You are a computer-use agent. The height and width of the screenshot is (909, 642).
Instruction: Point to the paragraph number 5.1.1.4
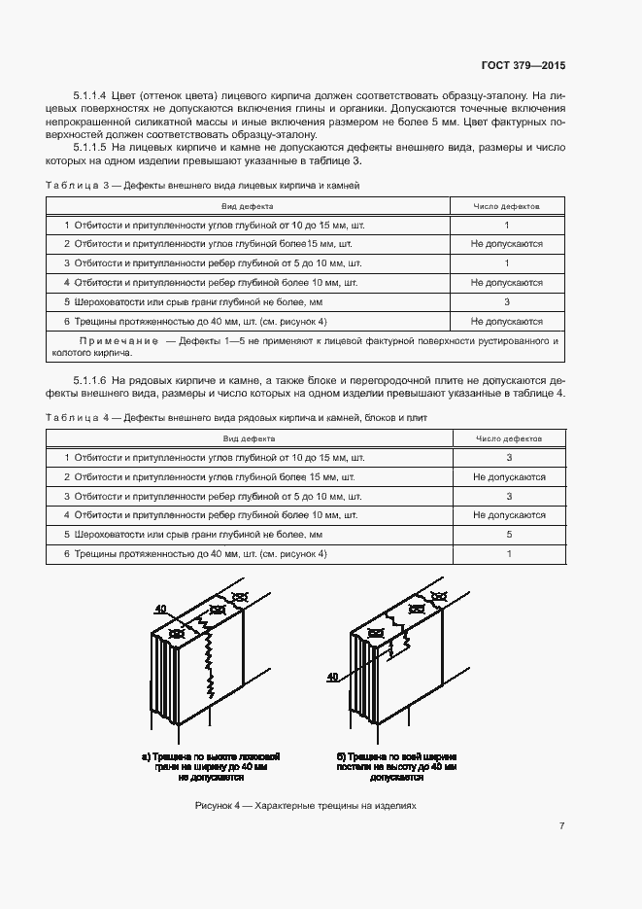tap(92, 96)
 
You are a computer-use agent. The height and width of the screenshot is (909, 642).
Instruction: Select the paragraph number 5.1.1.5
tap(92, 148)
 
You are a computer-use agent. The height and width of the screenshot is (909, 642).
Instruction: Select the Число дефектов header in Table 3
tap(506, 206)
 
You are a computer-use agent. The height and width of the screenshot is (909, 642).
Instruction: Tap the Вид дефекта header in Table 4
tap(248, 438)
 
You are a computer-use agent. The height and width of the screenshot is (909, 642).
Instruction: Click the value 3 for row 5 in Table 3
tap(506, 301)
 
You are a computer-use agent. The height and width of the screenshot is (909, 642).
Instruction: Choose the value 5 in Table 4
tap(508, 535)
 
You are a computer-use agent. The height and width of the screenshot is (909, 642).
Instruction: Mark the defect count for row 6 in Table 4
tap(508, 554)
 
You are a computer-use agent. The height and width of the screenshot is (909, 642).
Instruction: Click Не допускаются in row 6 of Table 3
tap(506, 321)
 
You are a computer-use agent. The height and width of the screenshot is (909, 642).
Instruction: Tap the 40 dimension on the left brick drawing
tap(160, 609)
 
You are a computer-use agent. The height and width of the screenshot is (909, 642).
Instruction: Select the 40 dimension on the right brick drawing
tap(332, 676)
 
